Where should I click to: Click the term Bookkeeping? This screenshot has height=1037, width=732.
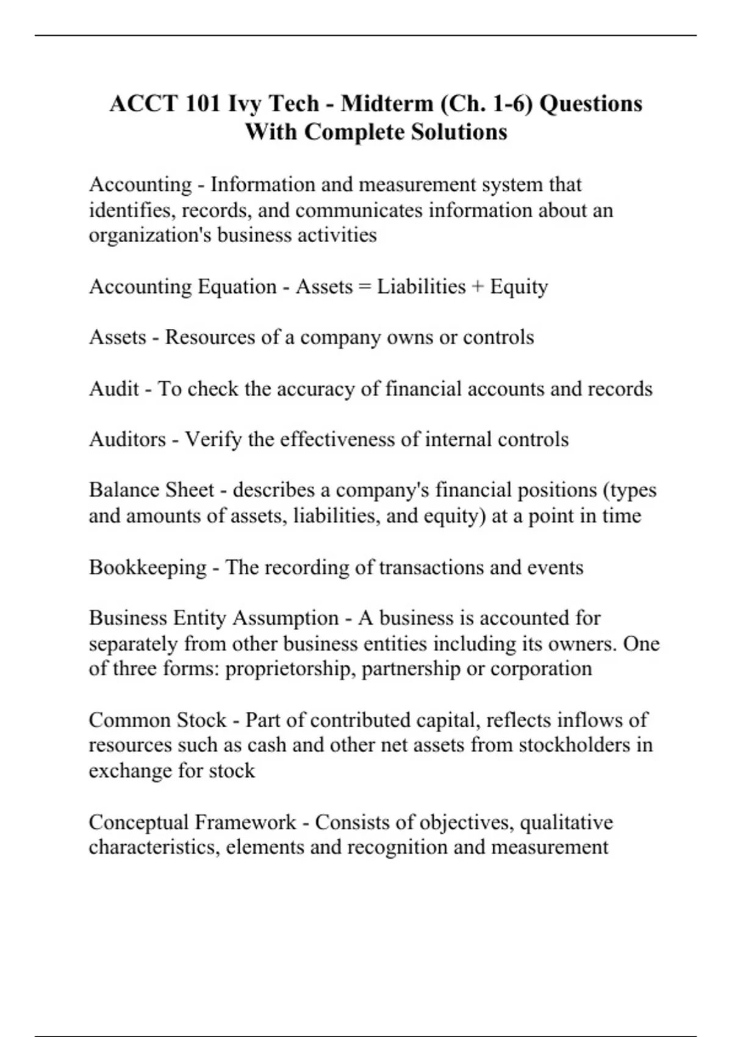pos(148,567)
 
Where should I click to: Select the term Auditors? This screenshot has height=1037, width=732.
pos(127,439)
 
